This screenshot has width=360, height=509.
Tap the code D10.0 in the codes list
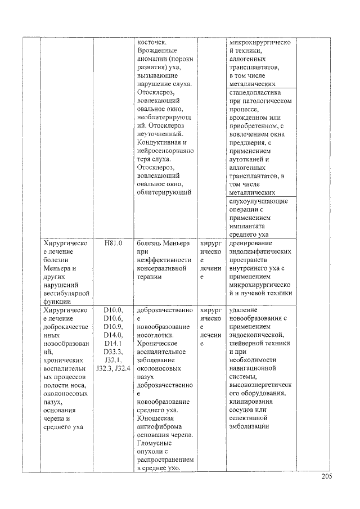(x=113, y=310)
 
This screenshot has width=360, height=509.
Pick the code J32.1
(x=113, y=361)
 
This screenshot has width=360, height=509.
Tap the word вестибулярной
(x=66, y=293)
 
